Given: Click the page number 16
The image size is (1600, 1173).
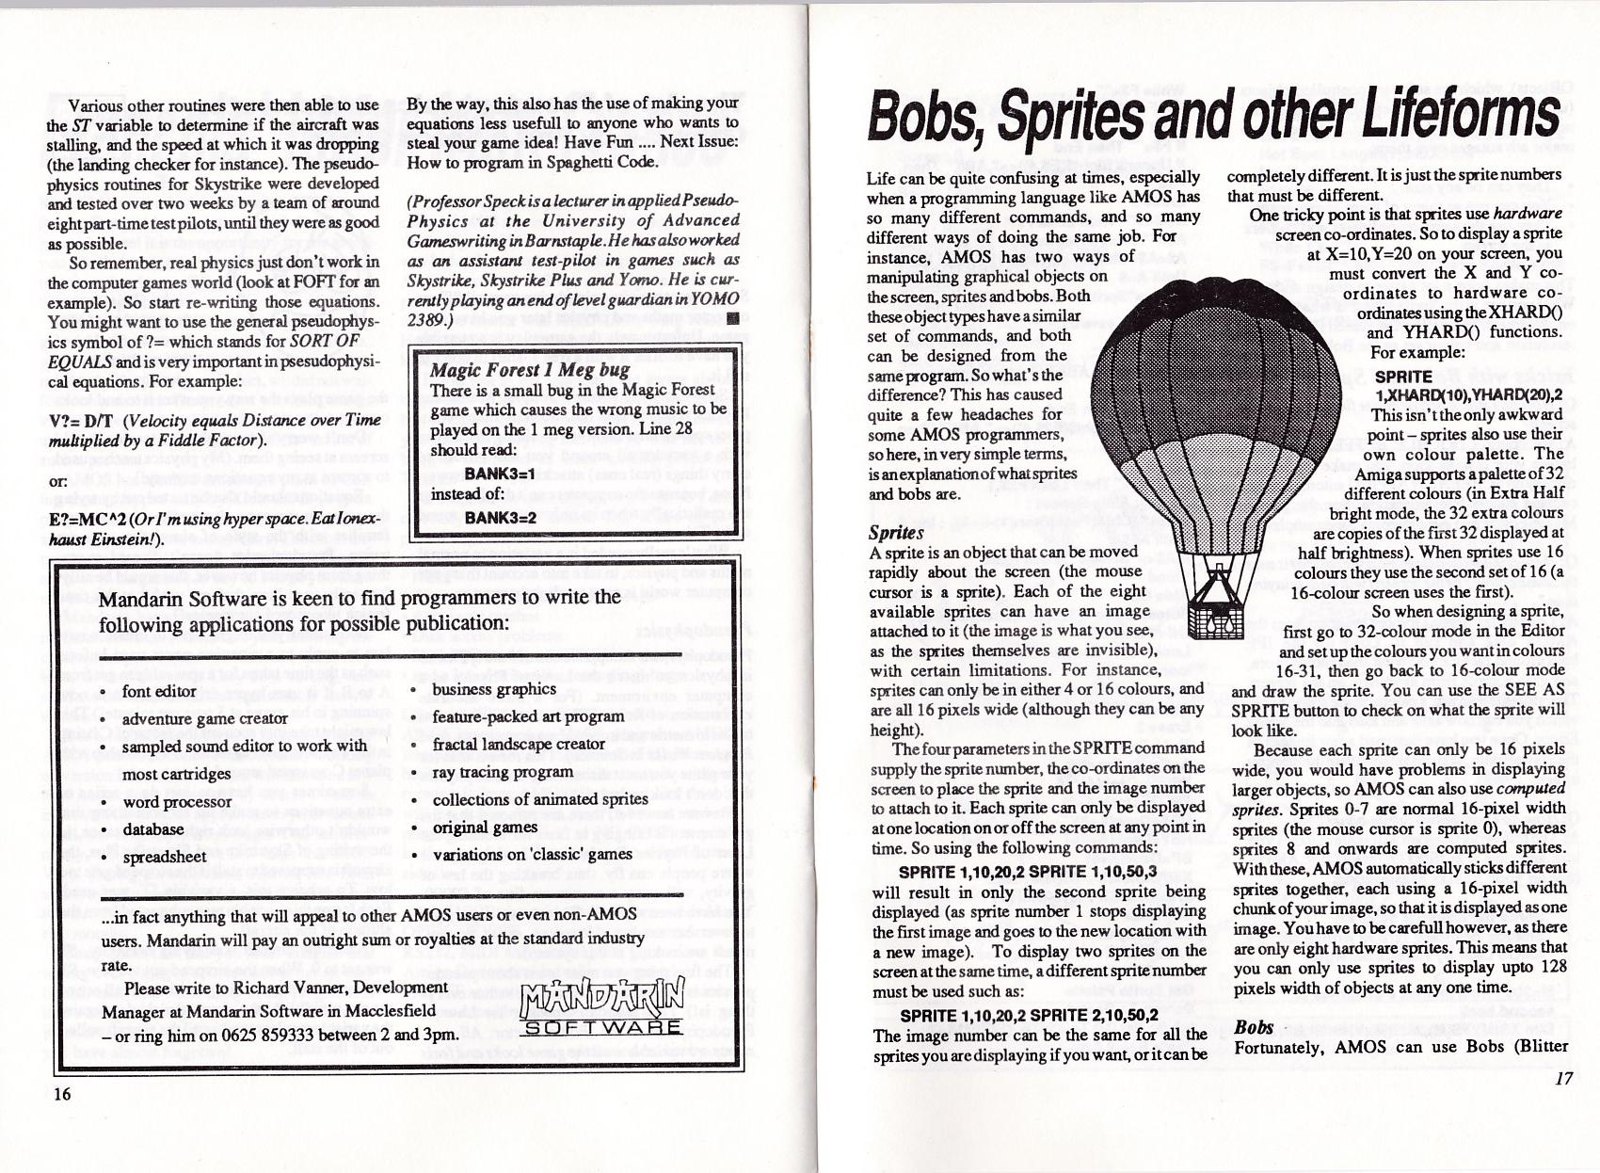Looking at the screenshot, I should coord(61,1093).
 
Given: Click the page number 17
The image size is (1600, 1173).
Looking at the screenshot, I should coord(1563,1078).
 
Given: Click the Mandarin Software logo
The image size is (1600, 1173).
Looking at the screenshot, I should coord(602,1004).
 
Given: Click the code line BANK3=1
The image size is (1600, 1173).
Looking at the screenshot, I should coord(500,473).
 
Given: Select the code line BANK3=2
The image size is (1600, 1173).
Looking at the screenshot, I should coord(500,517).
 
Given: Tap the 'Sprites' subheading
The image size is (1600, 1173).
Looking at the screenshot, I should coord(895,532).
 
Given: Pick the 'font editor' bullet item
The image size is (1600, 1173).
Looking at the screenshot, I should coord(159,691).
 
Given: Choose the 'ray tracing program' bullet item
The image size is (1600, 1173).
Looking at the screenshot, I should coord(503,772).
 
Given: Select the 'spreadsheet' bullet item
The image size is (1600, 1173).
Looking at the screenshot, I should coord(164,857).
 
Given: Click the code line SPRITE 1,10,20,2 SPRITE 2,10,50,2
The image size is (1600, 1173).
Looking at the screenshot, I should coord(1029,1015).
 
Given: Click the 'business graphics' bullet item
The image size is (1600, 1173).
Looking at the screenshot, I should coord(494,689).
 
